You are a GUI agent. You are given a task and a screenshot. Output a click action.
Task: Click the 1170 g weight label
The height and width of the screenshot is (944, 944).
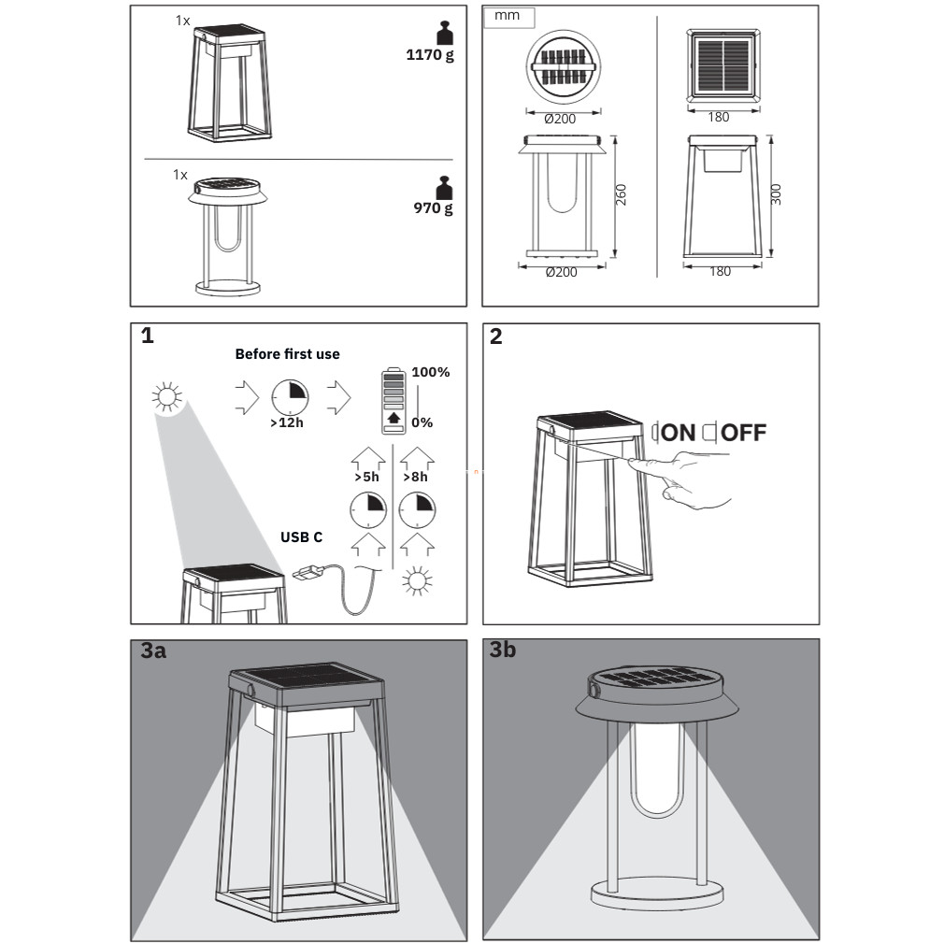pos(429,55)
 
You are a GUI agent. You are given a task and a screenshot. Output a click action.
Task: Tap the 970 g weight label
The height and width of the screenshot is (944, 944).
pos(433,208)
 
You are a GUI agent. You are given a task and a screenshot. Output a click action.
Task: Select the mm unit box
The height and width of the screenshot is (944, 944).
pos(508,17)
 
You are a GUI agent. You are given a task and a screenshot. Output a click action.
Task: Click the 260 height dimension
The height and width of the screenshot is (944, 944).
pos(622,194)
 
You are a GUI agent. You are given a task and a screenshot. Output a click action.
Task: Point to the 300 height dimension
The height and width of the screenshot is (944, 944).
pos(777,194)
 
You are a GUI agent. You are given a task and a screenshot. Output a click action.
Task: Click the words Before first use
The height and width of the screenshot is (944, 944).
pos(287,354)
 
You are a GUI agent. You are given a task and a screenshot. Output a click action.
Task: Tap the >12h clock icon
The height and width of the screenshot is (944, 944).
pos(291,397)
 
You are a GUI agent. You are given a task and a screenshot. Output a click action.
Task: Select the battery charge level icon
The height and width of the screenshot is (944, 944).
pos(393,401)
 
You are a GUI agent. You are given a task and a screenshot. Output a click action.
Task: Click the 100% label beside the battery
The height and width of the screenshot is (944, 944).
pos(430,372)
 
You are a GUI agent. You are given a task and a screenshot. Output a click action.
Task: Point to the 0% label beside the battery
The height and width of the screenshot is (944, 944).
pos(422,422)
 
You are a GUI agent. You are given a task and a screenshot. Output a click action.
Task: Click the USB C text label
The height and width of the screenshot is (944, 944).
pos(301,537)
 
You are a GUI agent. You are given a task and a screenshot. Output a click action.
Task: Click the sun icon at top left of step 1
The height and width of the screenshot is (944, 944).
pos(167,398)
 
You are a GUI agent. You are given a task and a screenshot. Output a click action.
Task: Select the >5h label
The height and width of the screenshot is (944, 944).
pos(366,477)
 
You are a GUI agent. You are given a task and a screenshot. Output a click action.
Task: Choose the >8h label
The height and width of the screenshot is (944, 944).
pos(416,477)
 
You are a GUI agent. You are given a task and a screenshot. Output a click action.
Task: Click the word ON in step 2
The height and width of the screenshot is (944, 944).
pos(679,433)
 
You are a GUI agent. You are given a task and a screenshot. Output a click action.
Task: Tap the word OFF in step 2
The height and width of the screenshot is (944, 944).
pos(744,433)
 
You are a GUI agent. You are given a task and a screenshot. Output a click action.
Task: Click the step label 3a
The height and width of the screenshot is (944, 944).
pos(153,651)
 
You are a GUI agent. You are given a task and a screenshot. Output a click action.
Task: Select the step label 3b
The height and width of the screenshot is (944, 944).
pos(502,651)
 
